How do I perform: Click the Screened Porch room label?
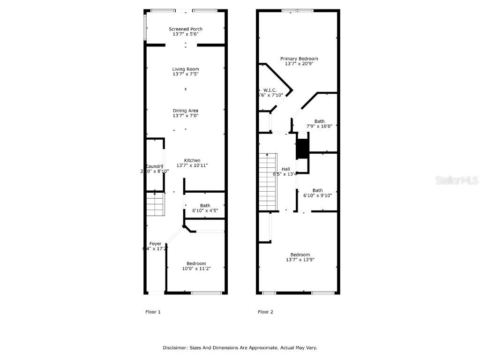(x=186, y=29)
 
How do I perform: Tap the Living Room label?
(x=186, y=69)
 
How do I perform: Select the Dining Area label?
(x=186, y=111)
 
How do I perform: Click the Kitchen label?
(x=192, y=160)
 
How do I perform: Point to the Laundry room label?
(x=154, y=166)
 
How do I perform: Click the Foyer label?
(x=155, y=244)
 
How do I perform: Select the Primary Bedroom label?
(x=299, y=59)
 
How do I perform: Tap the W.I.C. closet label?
(x=270, y=90)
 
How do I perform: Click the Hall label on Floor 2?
(x=285, y=169)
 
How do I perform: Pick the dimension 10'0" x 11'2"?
(x=196, y=269)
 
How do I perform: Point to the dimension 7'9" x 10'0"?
(x=319, y=126)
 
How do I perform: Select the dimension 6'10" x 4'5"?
(x=205, y=210)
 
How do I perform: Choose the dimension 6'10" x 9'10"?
(x=318, y=195)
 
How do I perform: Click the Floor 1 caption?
(x=153, y=312)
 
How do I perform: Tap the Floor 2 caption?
(x=265, y=312)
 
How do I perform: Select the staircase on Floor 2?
(x=268, y=182)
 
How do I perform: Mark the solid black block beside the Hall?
(x=302, y=149)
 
